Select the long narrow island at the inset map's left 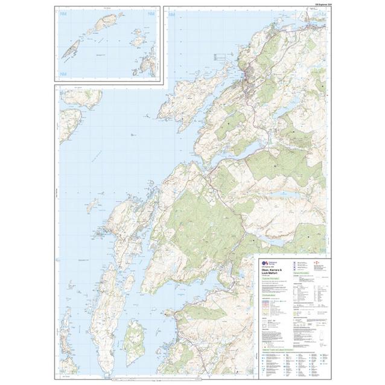(x=71, y=48)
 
